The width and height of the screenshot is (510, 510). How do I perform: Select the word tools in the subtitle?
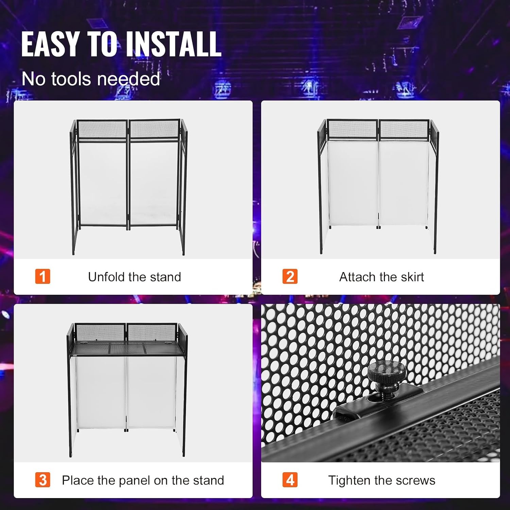click(x=71, y=79)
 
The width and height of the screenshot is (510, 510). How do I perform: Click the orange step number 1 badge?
click(x=43, y=276)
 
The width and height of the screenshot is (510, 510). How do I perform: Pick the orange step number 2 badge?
click(x=290, y=276)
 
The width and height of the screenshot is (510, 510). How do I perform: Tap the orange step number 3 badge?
click(x=43, y=480)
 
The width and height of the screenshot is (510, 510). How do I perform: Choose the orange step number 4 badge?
click(x=290, y=480)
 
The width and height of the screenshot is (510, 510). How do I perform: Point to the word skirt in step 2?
click(x=412, y=277)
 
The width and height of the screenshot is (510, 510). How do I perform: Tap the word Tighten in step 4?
click(x=349, y=480)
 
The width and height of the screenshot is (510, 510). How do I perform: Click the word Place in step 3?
click(x=78, y=480)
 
